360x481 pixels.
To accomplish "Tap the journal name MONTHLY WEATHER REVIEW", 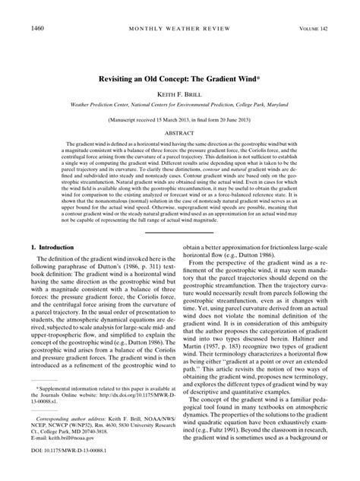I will [x=179, y=28].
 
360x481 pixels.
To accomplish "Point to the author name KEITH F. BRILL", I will [x=179, y=96].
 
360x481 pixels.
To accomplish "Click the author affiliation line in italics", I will [x=179, y=107].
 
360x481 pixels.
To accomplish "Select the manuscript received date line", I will [x=179, y=121].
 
